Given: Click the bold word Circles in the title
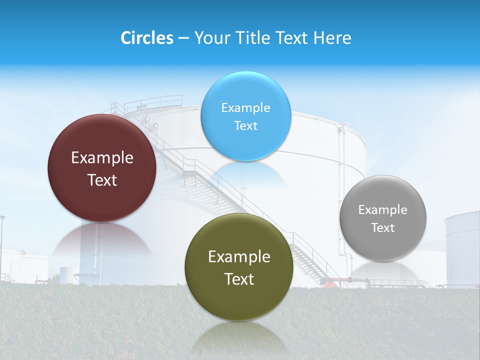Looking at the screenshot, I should (146, 38).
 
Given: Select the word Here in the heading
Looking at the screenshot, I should (332, 38).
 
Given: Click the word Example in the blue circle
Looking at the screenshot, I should (245, 108).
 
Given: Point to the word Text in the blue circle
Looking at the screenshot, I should (245, 125).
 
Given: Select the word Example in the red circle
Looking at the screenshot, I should (102, 158).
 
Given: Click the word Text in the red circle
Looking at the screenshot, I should (102, 180).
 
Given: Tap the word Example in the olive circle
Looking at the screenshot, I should (239, 257).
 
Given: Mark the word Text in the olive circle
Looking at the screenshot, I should (239, 279).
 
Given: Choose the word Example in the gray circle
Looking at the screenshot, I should (382, 210).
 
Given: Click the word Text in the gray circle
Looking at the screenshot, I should (382, 228).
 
